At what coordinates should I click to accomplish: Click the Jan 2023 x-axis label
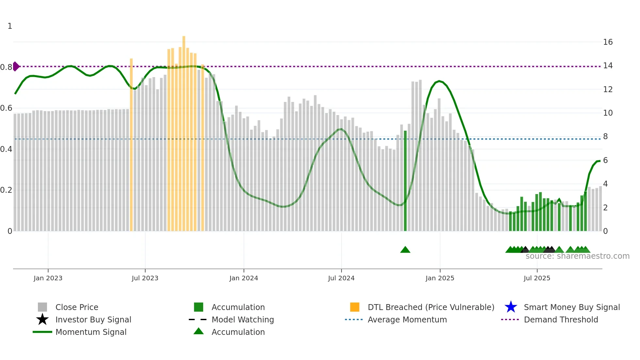tap(48, 278)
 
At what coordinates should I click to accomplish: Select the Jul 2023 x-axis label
tap(145, 278)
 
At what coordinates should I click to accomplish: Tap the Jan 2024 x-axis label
tap(244, 278)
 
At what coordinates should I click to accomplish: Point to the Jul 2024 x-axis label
tap(341, 278)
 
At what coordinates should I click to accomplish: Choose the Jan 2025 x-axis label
tap(440, 278)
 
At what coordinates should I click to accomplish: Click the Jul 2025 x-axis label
tap(537, 278)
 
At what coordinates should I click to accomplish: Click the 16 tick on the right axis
tap(608, 42)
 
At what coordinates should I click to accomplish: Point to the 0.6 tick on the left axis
tap(6, 108)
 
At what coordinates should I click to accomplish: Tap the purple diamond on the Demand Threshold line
tap(16, 66)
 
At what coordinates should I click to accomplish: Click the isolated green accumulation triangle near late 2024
tap(405, 250)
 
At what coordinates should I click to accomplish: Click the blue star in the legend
tap(511, 307)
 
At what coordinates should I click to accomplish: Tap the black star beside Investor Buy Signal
tap(42, 319)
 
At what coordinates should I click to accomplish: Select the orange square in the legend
tap(355, 307)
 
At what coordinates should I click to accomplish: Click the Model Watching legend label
tap(243, 319)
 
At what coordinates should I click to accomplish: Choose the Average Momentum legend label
tap(407, 319)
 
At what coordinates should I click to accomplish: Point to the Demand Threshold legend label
tap(561, 319)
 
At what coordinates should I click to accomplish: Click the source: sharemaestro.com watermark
tap(577, 256)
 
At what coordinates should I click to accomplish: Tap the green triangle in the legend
tap(199, 331)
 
